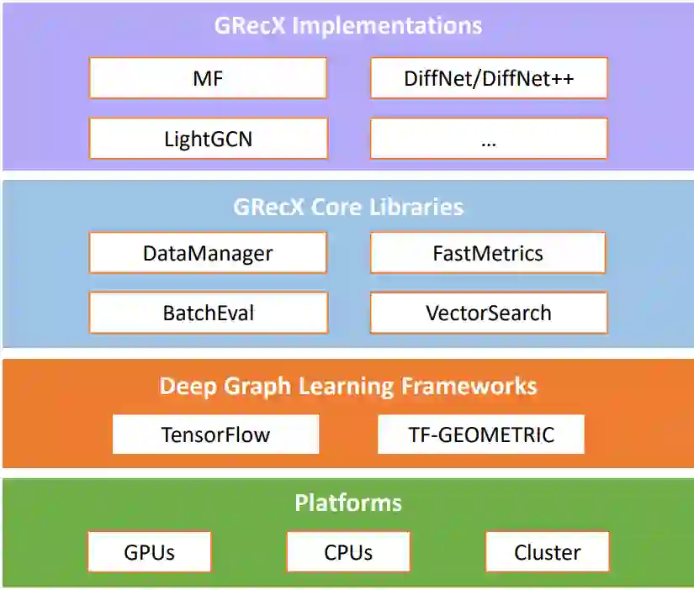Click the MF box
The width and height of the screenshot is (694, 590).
pos(207,79)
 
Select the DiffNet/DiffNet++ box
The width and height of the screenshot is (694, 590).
pos(489,79)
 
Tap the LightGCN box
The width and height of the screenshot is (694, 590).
pos(207,139)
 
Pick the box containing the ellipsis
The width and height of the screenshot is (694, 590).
pos(489,139)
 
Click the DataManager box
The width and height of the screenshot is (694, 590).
pos(207,253)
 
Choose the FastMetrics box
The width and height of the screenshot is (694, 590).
pos(488,253)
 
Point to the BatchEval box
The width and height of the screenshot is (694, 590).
pos(208,313)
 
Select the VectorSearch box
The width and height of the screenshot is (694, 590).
pos(489,313)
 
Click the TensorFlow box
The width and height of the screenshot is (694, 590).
pos(215,435)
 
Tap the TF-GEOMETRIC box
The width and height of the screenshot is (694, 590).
pos(481,435)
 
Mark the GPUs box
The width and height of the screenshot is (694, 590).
pos(150,552)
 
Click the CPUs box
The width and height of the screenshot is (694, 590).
pos(348,552)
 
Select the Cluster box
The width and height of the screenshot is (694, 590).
pos(547,552)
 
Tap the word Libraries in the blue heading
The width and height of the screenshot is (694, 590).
pos(419,207)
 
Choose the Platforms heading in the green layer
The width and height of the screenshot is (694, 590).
pos(348,503)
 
